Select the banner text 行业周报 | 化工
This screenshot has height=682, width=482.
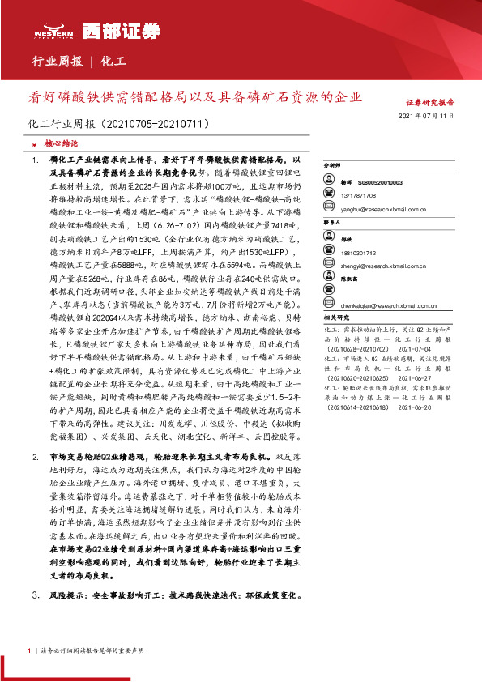point(79,61)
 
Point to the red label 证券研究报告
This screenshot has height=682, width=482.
point(430,104)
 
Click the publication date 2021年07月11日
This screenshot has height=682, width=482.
point(429,117)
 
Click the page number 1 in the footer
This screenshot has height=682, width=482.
point(29,650)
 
